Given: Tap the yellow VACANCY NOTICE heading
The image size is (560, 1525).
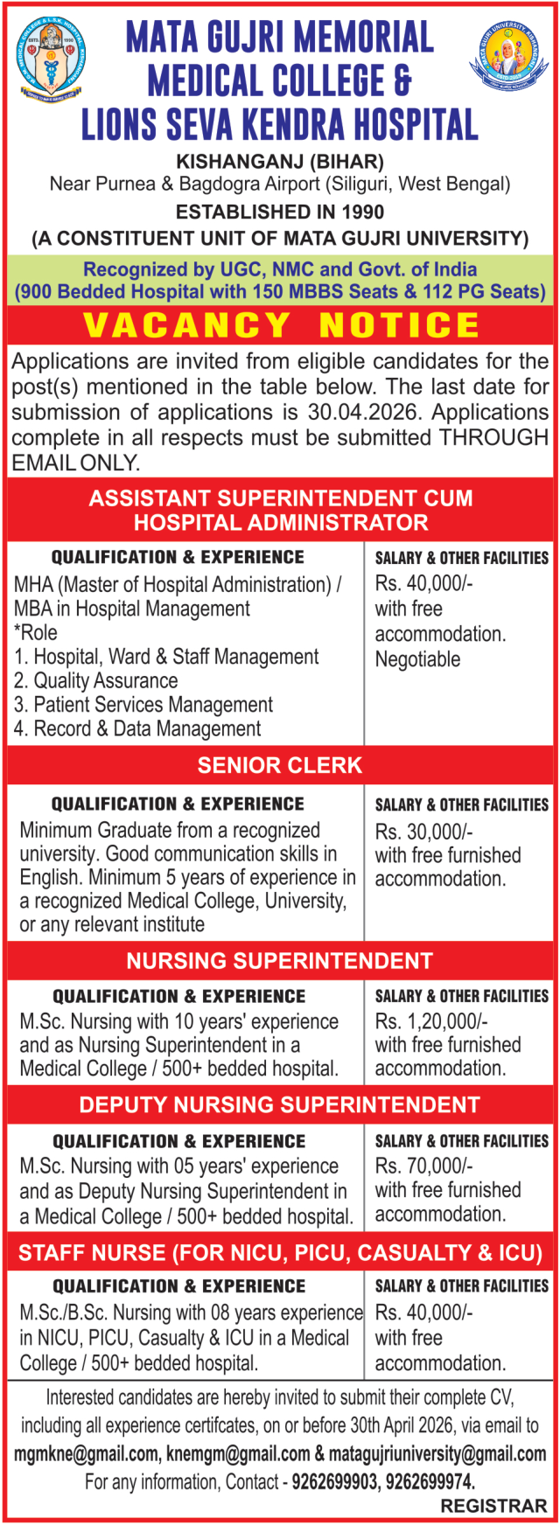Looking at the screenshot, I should coord(280,325).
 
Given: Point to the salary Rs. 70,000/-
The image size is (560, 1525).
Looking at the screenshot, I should coord(424,1166).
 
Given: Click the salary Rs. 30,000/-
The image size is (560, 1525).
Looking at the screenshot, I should coord(424,831).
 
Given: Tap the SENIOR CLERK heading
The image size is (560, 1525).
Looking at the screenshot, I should coord(280,765).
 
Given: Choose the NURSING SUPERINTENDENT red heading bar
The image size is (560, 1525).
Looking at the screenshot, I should coord(280,961).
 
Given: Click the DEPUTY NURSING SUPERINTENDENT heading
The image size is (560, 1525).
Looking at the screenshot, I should coord(280,1105).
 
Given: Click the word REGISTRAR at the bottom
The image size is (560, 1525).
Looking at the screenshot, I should coord(493,1507).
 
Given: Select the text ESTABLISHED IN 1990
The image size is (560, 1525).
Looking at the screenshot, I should coord(280,212).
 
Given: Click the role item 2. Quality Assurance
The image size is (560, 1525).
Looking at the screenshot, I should coord(95,680).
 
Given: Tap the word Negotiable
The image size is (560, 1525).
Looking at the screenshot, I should coord(417,659).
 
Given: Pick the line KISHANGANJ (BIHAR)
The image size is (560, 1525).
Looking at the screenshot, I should coord(280,162).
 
